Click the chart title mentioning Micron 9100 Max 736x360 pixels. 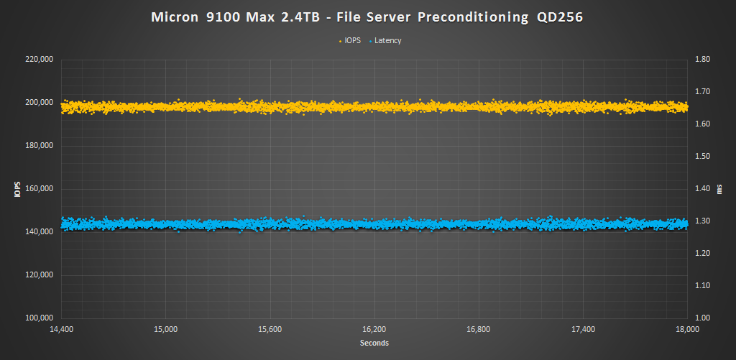pyautogui.click(x=367, y=17)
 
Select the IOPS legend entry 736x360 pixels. pyautogui.click(x=351, y=41)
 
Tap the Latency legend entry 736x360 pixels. pyautogui.click(x=387, y=41)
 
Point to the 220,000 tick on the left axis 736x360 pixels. pyautogui.click(x=39, y=60)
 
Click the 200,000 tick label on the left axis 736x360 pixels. pyautogui.click(x=39, y=103)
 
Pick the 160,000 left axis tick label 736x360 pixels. pyautogui.click(x=39, y=189)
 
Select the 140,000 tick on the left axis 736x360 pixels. pyautogui.click(x=39, y=232)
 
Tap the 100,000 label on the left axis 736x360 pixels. pyautogui.click(x=39, y=318)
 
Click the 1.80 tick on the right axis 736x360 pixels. pyautogui.click(x=700, y=60)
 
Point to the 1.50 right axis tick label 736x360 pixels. pyautogui.click(x=700, y=157)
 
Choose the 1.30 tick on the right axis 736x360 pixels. pyautogui.click(x=700, y=221)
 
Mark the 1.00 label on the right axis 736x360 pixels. pyautogui.click(x=700, y=318)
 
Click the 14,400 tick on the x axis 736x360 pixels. pyautogui.click(x=61, y=330)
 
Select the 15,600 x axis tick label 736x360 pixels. pyautogui.click(x=270, y=330)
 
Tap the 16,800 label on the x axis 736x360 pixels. pyautogui.click(x=479, y=330)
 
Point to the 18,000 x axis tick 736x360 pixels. pyautogui.click(x=688, y=330)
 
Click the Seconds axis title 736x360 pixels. pyautogui.click(x=374, y=343)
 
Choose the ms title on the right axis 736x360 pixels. pyautogui.click(x=719, y=189)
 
